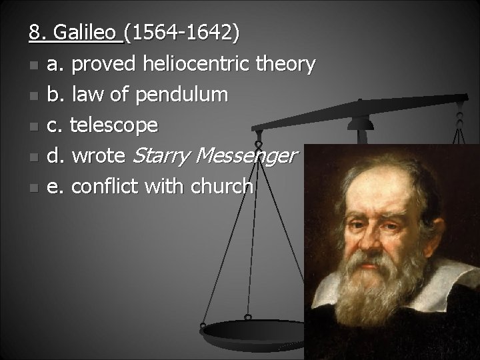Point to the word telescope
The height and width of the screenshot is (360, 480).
pyautogui.click(x=114, y=125)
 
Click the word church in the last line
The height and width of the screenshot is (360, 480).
pyautogui.click(x=223, y=187)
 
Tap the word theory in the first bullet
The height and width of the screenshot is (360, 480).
pyautogui.click(x=286, y=64)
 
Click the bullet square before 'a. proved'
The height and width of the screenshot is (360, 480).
pyautogui.click(x=33, y=65)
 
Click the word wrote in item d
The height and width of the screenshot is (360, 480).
pyautogui.click(x=98, y=157)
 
